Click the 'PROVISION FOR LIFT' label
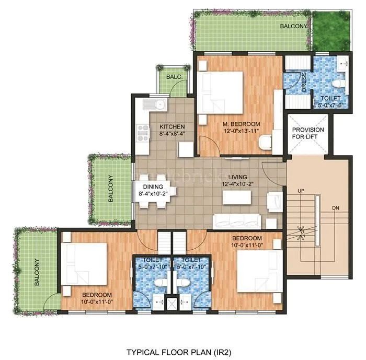click(308, 133)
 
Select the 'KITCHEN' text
click(172, 127)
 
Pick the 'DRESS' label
click(304, 82)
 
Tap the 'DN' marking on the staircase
click(336, 208)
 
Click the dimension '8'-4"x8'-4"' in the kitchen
click(173, 134)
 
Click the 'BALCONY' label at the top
click(293, 26)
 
